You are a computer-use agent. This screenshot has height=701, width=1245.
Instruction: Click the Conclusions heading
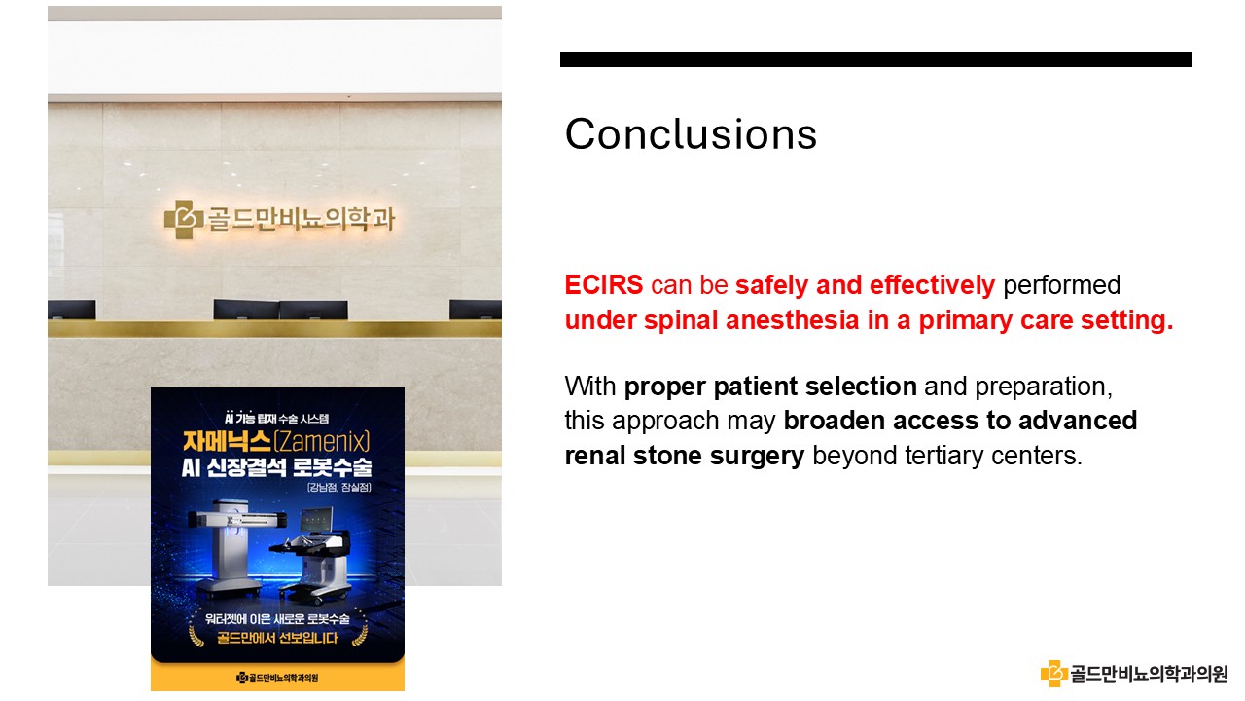(691, 134)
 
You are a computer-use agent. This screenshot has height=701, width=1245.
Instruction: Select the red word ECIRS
(604, 285)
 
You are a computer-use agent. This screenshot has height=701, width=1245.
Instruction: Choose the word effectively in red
(932, 285)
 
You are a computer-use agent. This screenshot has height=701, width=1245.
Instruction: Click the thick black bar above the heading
(875, 59)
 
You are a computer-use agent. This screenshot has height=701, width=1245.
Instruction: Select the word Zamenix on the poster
(322, 442)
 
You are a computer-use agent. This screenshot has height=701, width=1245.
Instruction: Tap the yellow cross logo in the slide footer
(1053, 673)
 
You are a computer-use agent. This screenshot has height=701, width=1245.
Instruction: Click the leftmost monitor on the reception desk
(71, 310)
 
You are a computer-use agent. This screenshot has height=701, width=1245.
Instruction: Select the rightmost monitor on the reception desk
(476, 310)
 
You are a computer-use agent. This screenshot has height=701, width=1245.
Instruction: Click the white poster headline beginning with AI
(277, 467)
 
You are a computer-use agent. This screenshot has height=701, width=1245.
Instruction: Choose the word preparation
(1044, 387)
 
